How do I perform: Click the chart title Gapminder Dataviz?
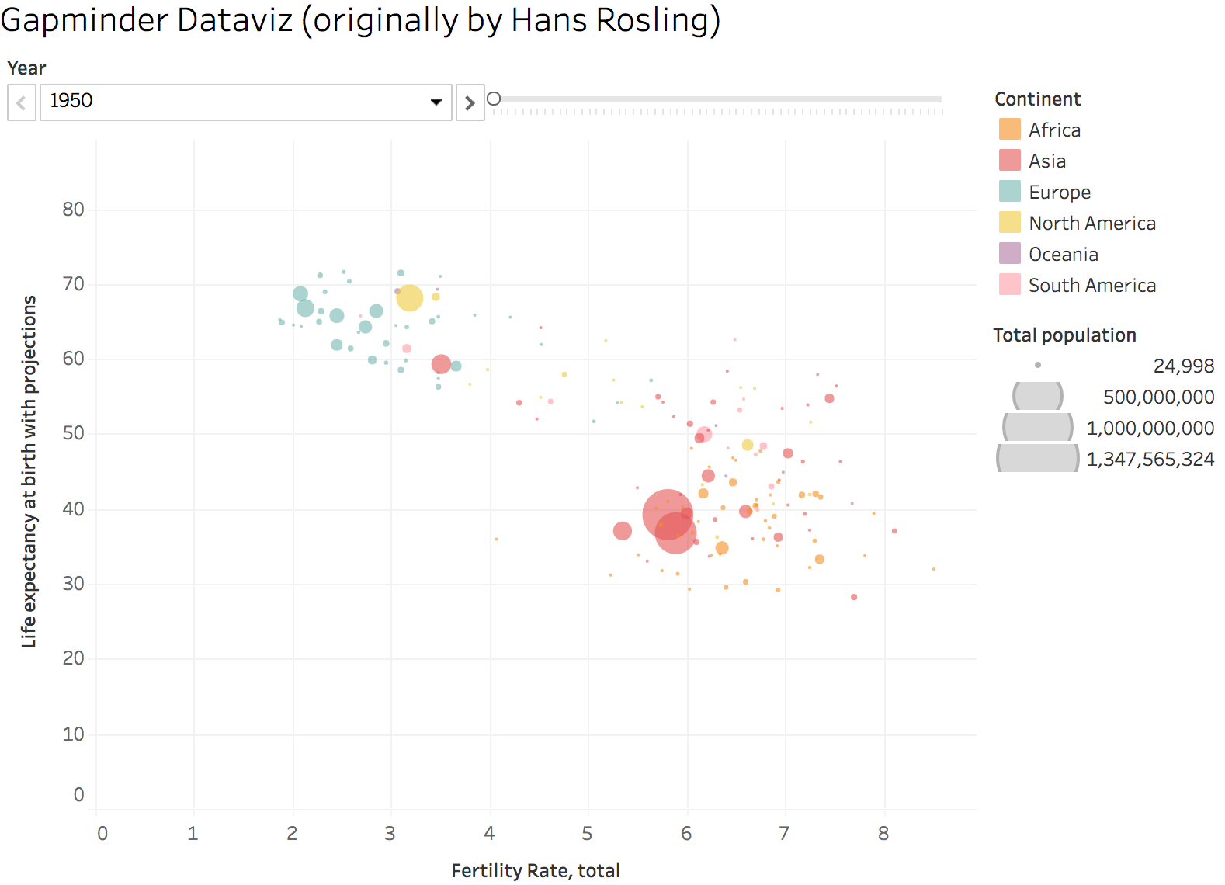click(360, 20)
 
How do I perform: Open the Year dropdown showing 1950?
click(245, 102)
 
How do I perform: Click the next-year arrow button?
click(470, 102)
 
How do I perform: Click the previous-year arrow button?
click(22, 102)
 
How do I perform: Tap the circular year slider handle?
click(494, 99)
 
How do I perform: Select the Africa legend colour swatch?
click(1009, 129)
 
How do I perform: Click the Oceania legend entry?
click(1063, 254)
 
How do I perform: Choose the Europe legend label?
click(1059, 192)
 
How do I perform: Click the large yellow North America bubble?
click(409, 297)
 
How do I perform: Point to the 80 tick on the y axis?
click(74, 210)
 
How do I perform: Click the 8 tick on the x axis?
click(883, 834)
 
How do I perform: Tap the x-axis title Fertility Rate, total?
click(535, 871)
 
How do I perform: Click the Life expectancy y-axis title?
click(29, 470)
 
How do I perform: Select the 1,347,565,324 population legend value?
click(1150, 459)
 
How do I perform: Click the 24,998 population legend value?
click(1183, 366)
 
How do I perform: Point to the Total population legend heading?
click(1064, 335)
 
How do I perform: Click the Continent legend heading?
click(1037, 99)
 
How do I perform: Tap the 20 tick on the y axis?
click(74, 658)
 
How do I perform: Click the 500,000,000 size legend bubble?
click(1037, 397)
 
